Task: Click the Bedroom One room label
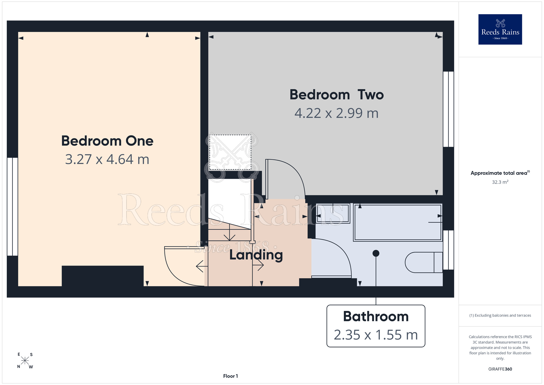click(x=107, y=141)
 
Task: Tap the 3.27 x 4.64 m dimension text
click(x=107, y=159)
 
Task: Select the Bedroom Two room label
click(x=336, y=95)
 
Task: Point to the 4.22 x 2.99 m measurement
click(x=336, y=113)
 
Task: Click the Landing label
click(x=256, y=255)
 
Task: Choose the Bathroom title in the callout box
click(x=376, y=316)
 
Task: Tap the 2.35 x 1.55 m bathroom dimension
click(x=376, y=335)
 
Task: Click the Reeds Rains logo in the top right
click(x=500, y=29)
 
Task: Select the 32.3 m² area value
click(x=500, y=182)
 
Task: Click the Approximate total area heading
click(x=500, y=173)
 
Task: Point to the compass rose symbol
click(x=25, y=361)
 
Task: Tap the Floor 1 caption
click(x=230, y=376)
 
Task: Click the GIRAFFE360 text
click(x=500, y=369)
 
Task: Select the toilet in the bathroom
click(x=424, y=262)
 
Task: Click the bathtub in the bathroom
click(x=398, y=222)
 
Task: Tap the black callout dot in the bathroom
click(x=376, y=253)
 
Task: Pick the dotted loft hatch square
click(x=230, y=152)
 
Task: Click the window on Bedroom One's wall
click(x=13, y=207)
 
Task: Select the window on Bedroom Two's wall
click(x=449, y=109)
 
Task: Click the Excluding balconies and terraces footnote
click(x=500, y=315)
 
